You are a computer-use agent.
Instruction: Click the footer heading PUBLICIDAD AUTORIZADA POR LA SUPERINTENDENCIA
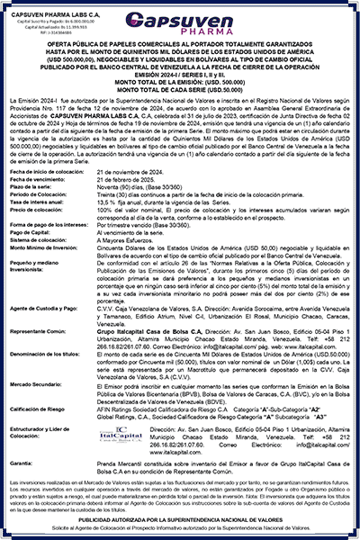[180, 520]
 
